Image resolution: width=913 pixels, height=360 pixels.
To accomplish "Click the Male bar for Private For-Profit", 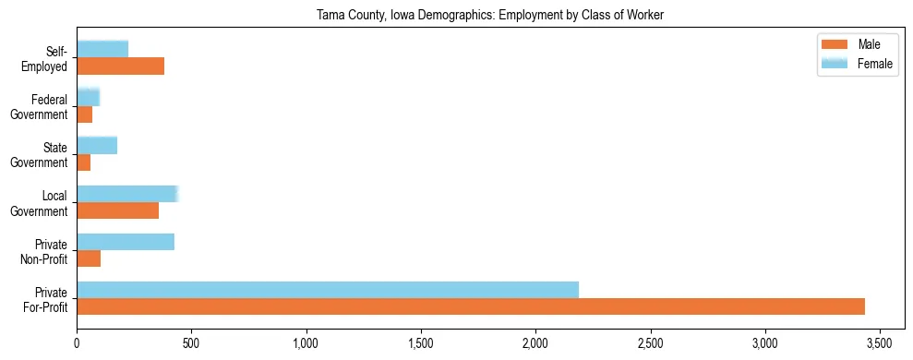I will (x=471, y=306).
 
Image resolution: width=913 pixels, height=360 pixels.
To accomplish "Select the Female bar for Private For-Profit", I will (x=328, y=290).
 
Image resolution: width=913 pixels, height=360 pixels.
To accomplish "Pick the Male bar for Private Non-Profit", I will (x=89, y=258).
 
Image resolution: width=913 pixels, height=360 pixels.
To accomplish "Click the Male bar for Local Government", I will (x=117, y=210).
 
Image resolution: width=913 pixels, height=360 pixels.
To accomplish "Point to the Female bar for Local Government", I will (x=126, y=194).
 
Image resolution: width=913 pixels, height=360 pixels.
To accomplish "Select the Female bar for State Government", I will (x=97, y=145).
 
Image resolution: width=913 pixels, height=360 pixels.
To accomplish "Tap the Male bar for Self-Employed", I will (x=120, y=66).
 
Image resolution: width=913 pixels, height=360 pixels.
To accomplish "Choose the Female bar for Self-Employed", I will (x=102, y=49).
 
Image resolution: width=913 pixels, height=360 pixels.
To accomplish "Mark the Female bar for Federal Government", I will (x=88, y=97).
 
